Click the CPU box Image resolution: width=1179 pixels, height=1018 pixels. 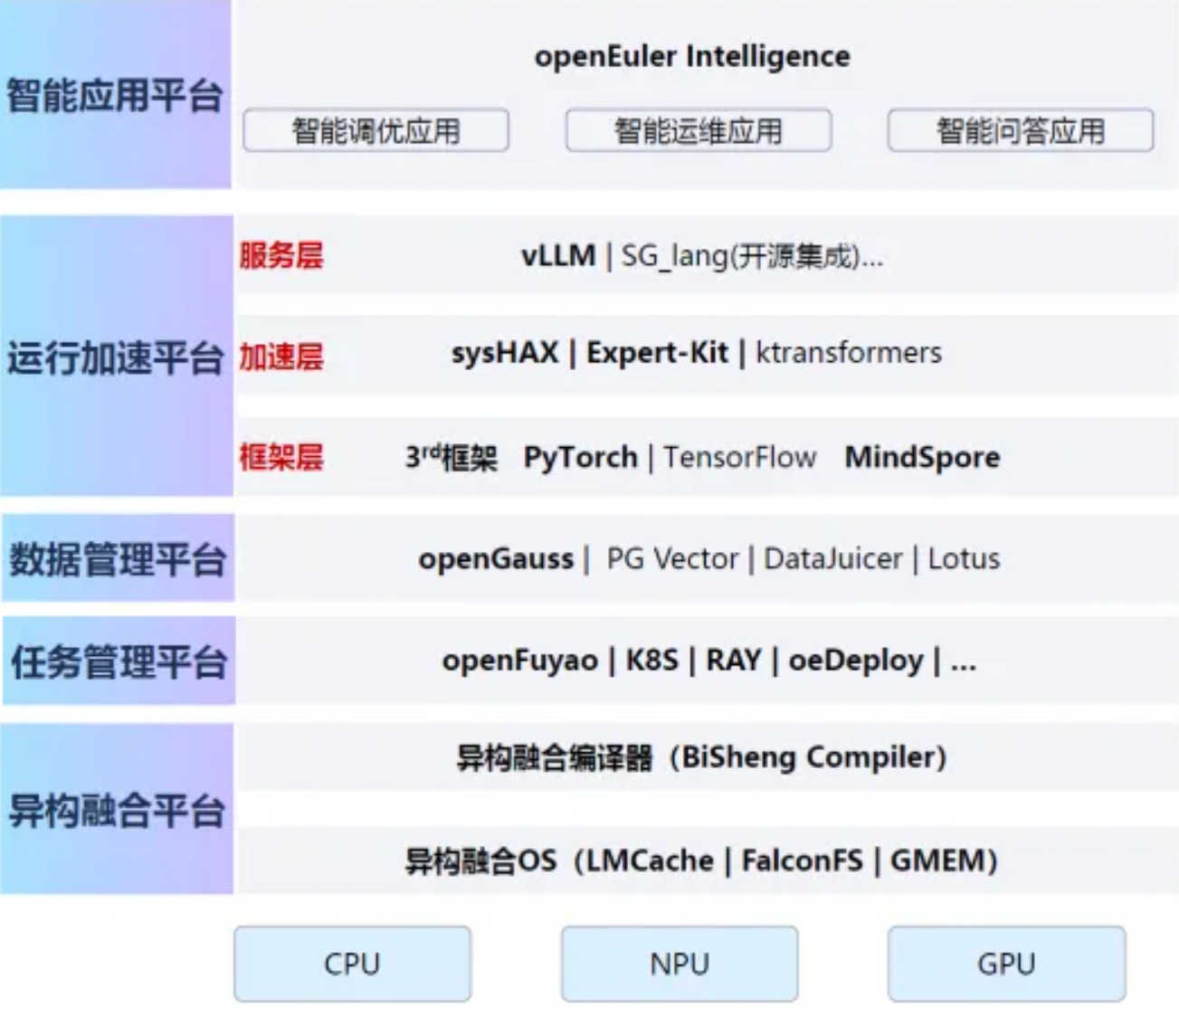tap(352, 964)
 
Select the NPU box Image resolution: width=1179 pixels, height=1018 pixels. tap(680, 964)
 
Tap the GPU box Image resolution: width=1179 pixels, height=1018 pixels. tap(1006, 964)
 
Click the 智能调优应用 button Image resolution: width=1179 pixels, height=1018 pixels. tap(376, 131)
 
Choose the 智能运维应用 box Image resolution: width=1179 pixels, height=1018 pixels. tap(699, 131)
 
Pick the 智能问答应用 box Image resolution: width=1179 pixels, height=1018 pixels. tap(1021, 131)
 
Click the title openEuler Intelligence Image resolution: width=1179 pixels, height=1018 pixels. tap(692, 56)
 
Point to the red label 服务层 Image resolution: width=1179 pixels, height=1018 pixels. tap(281, 256)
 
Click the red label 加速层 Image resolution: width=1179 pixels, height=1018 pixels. tap(281, 357)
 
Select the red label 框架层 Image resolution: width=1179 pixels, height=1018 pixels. tap(281, 457)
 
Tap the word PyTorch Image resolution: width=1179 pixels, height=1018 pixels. tap(580, 458)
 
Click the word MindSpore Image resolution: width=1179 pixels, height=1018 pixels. tap(922, 457)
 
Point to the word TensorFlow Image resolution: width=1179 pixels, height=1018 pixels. tap(739, 458)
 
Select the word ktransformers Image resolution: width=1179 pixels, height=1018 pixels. tap(849, 353)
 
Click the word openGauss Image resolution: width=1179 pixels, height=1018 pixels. tap(496, 559)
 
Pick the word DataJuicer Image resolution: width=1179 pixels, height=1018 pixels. tap(833, 559)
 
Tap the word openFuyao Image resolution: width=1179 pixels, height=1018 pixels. tap(519, 661)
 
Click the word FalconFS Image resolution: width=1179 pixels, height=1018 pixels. tap(803, 860)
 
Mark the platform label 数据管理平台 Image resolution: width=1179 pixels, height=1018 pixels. tap(117, 559)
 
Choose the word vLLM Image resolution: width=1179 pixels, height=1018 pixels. tap(557, 256)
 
